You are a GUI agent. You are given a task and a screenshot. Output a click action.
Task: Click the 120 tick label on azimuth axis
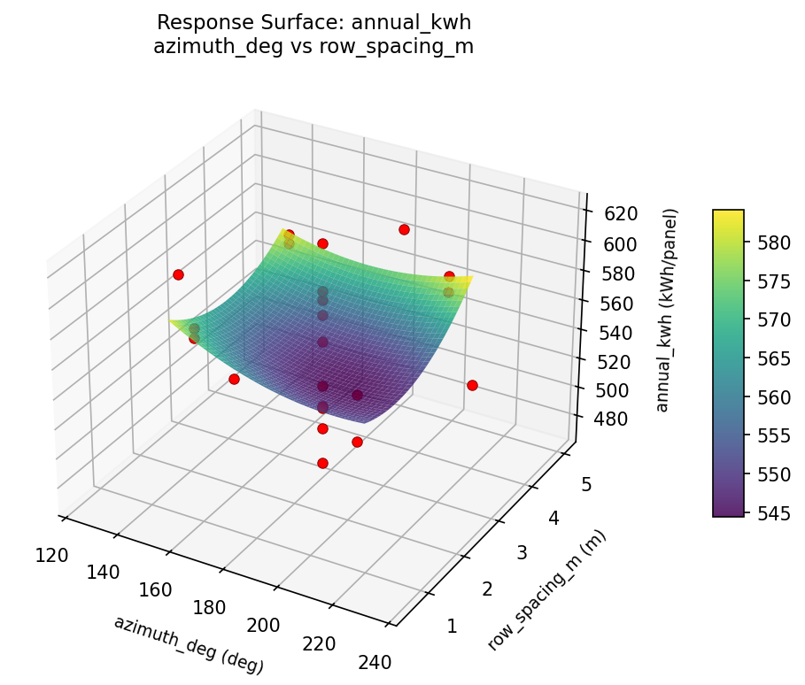(52, 555)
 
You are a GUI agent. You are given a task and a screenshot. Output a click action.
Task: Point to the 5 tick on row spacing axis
(586, 483)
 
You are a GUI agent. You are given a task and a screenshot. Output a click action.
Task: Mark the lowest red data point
(322, 463)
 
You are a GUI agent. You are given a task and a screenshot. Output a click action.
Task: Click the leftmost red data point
(178, 274)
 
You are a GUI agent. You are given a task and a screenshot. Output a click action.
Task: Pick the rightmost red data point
(472, 385)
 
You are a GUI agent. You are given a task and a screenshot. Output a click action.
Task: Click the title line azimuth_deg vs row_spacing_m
(313, 47)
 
